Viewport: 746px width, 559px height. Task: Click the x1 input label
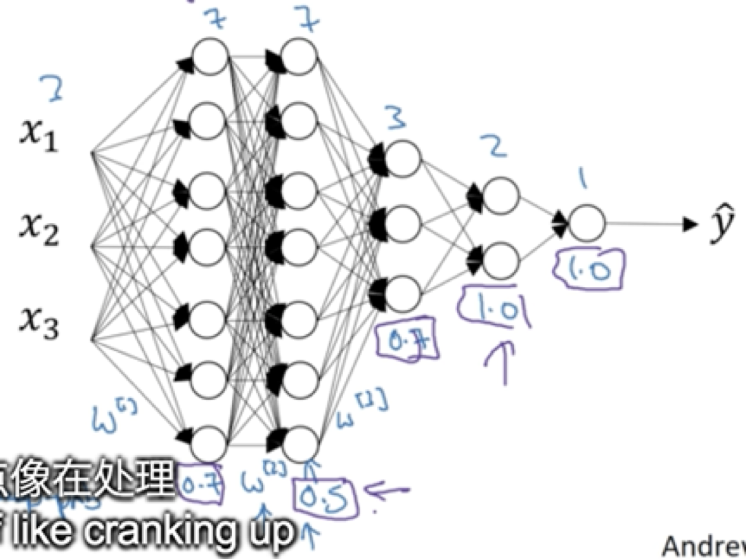tap(39, 135)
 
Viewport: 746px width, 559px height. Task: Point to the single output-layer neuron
tap(587, 223)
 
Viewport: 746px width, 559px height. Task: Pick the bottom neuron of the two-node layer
tap(500, 259)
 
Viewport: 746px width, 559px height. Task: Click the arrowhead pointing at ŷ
tap(690, 224)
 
